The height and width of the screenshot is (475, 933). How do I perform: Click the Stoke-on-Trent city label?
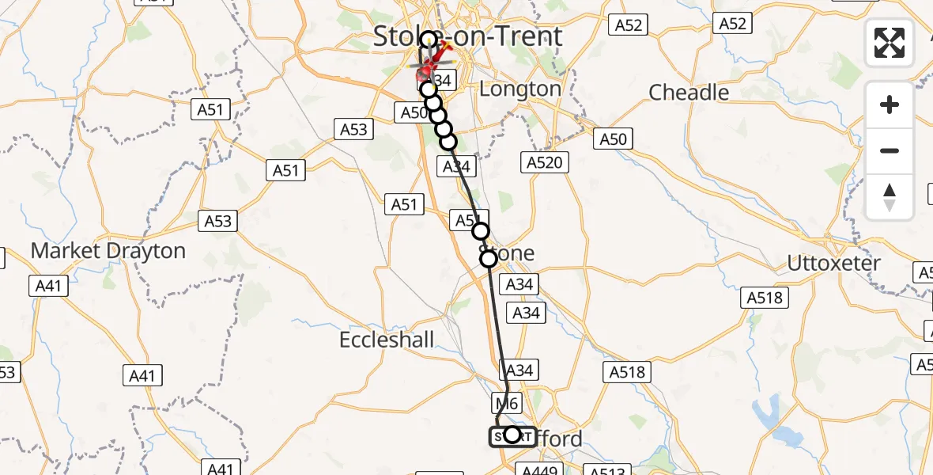pos(467,36)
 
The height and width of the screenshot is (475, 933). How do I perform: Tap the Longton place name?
pos(519,89)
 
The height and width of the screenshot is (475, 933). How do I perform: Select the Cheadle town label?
pos(689,93)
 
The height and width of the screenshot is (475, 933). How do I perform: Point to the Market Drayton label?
pos(108,251)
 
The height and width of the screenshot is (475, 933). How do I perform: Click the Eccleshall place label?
pos(387,340)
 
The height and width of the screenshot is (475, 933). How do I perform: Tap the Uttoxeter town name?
pos(833,263)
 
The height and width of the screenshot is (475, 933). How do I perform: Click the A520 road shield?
pos(545,163)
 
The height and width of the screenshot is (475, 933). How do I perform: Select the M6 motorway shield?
pos(507,403)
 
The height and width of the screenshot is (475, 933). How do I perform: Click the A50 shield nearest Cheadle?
pos(614,139)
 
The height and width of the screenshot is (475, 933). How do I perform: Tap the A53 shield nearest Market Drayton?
pos(218,221)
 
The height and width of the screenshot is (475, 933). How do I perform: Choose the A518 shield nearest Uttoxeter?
pos(765,298)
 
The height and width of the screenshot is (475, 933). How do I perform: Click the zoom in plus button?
pos(890,104)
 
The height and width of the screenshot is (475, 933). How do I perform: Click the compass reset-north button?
pos(890,196)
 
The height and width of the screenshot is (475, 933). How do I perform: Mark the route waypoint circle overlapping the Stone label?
pos(489,258)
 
